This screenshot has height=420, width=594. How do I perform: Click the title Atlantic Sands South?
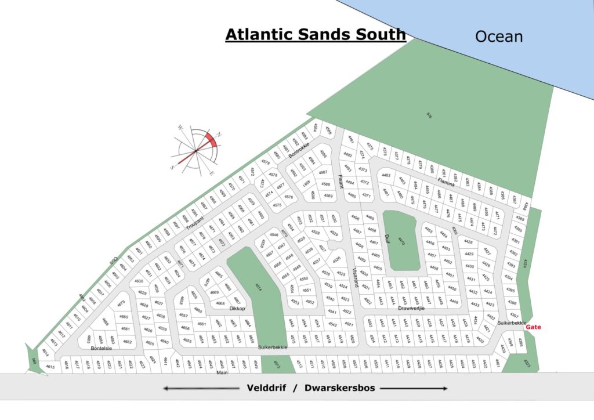point(316,34)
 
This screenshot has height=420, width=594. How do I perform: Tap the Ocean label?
point(499,37)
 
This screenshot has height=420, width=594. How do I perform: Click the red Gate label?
point(533,327)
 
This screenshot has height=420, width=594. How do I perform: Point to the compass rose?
point(198,149)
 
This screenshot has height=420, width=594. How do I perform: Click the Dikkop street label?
point(238,309)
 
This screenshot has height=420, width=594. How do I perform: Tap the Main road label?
point(222,373)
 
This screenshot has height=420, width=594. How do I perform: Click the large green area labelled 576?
point(430,114)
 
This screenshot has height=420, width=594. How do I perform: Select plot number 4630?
point(139,281)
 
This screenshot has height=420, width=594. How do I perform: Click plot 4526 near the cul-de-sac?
point(336,259)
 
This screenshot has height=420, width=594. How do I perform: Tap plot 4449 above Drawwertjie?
point(454,302)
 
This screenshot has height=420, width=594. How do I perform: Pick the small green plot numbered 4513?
point(277,365)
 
